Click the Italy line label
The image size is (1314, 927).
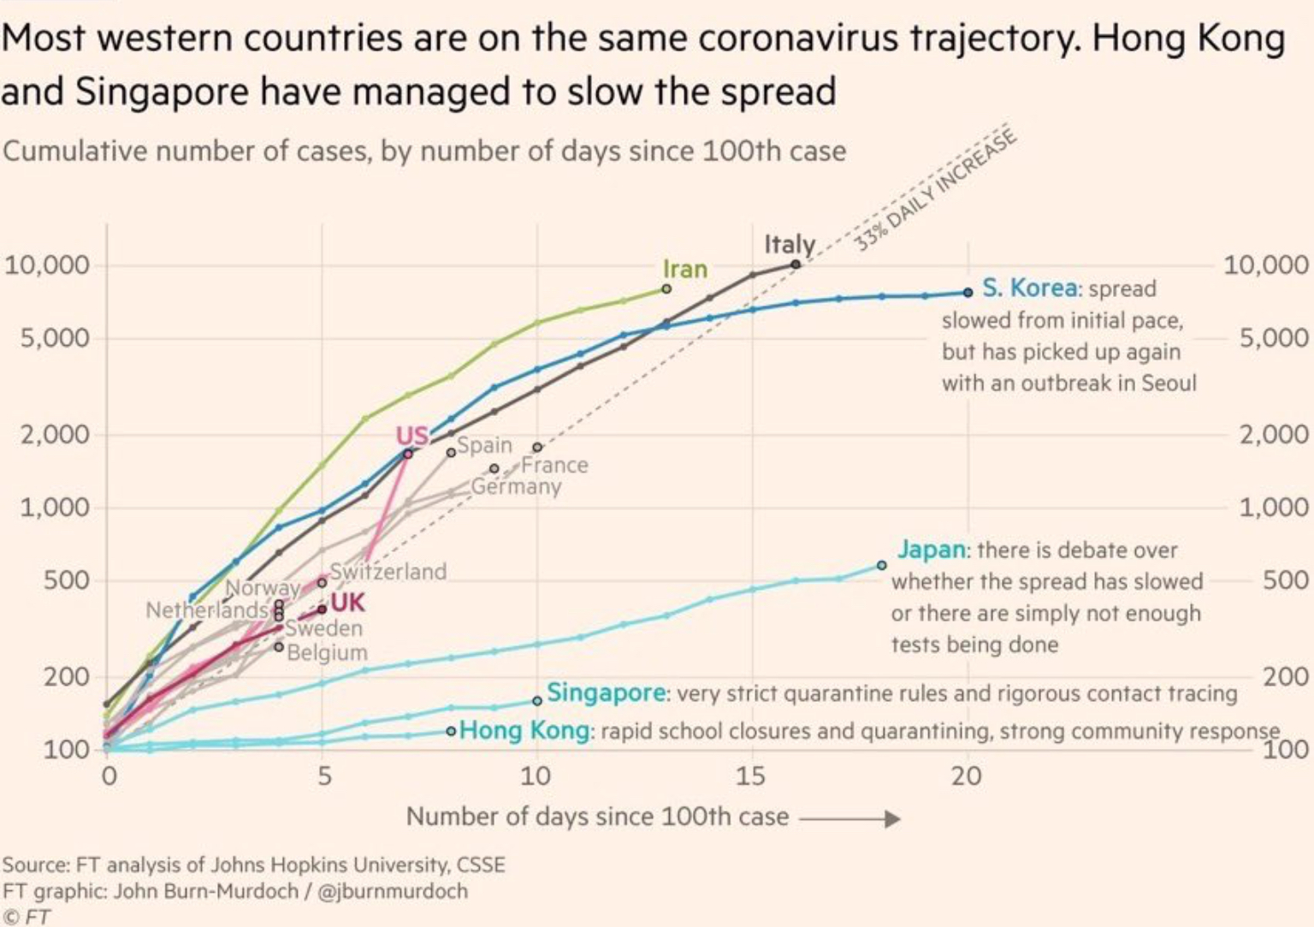(x=789, y=245)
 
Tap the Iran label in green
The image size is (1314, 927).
(x=685, y=269)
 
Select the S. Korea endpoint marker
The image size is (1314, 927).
(x=968, y=293)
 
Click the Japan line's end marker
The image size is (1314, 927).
(x=881, y=566)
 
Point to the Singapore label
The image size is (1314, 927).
(x=607, y=692)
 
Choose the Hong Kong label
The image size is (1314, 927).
(x=524, y=731)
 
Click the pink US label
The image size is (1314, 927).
(x=411, y=436)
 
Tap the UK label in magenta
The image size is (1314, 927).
(x=347, y=603)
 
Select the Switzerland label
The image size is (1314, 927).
(x=388, y=571)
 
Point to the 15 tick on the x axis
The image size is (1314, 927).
(x=752, y=776)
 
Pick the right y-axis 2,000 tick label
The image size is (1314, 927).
(x=1274, y=434)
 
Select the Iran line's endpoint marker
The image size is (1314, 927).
(x=666, y=289)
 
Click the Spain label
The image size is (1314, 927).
(x=484, y=445)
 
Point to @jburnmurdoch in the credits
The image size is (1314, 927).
(x=393, y=891)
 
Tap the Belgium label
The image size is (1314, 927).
(x=327, y=652)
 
